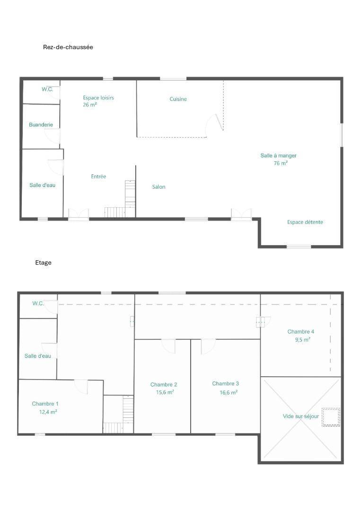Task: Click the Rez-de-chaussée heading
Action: [x=68, y=47]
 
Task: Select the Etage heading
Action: [x=44, y=263]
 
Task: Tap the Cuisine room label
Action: [x=178, y=99]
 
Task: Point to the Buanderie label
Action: [x=41, y=124]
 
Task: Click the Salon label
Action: [x=158, y=187]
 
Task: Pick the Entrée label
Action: [x=98, y=176]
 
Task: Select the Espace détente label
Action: [x=305, y=222]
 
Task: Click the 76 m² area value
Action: [x=281, y=163]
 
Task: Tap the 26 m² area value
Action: [x=90, y=105]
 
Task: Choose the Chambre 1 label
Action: [x=45, y=404]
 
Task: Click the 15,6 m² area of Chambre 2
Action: [x=165, y=392]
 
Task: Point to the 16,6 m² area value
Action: [x=229, y=392]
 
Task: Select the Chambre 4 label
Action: [x=301, y=331]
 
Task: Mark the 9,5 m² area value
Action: [x=302, y=340]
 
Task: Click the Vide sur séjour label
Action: [x=301, y=416]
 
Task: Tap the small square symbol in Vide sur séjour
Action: [x=331, y=417]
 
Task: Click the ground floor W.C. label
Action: [x=47, y=89]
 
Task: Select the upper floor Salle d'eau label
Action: [x=38, y=356]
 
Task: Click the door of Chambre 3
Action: [x=208, y=346]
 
